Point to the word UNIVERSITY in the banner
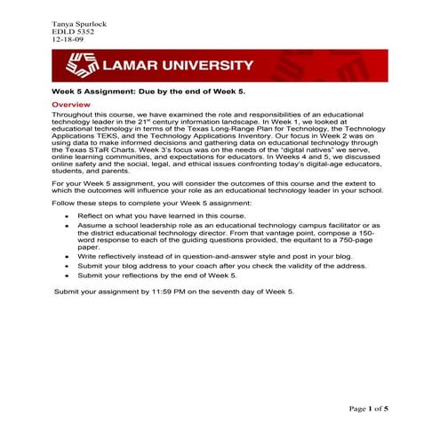point(207,66)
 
